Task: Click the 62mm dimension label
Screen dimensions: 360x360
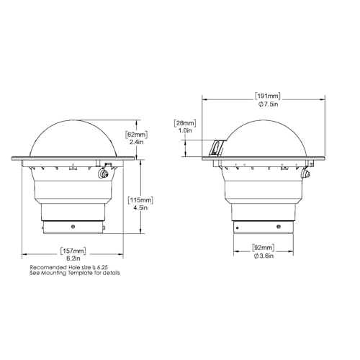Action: pyautogui.click(x=136, y=135)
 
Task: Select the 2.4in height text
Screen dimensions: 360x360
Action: pyautogui.click(x=137, y=142)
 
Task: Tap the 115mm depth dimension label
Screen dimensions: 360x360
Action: pyautogui.click(x=140, y=200)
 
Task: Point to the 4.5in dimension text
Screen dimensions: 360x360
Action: pyautogui.click(x=140, y=207)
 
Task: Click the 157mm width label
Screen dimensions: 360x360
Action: pyautogui.click(x=73, y=251)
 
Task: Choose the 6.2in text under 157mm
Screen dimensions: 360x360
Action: pyautogui.click(x=73, y=258)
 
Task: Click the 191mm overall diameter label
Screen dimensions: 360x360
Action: pyautogui.click(x=267, y=96)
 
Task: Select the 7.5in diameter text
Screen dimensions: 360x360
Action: pyautogui.click(x=268, y=104)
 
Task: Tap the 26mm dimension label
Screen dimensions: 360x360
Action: pyautogui.click(x=185, y=123)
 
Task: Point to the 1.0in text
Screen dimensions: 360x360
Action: pyautogui.click(x=185, y=130)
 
